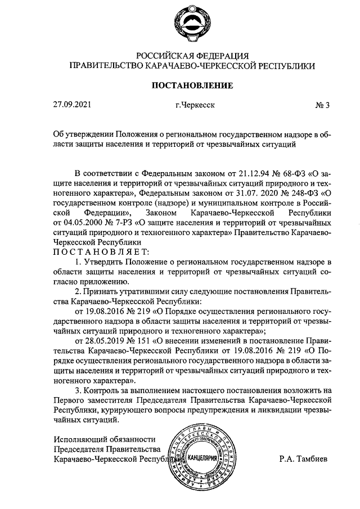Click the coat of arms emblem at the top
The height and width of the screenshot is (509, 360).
[191, 24]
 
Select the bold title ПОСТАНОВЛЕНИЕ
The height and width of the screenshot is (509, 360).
[191, 85]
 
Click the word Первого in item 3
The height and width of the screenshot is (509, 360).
[68, 399]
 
